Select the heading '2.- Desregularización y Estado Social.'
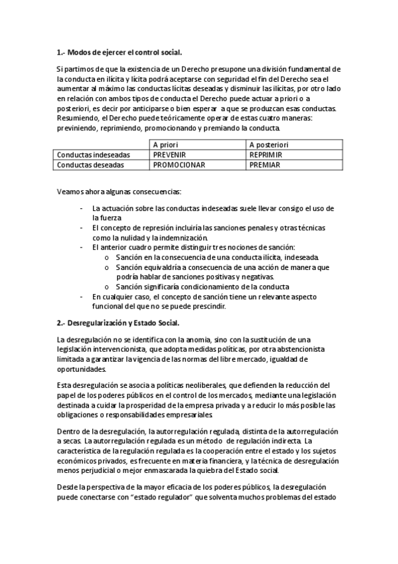(118, 323)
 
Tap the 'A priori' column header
(165, 144)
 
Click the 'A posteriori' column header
(269, 144)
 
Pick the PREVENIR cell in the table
(169, 154)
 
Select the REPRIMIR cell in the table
(266, 154)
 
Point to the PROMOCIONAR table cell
(178, 164)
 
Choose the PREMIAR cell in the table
(264, 164)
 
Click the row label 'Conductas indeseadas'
(94, 154)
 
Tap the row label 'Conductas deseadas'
(90, 164)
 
